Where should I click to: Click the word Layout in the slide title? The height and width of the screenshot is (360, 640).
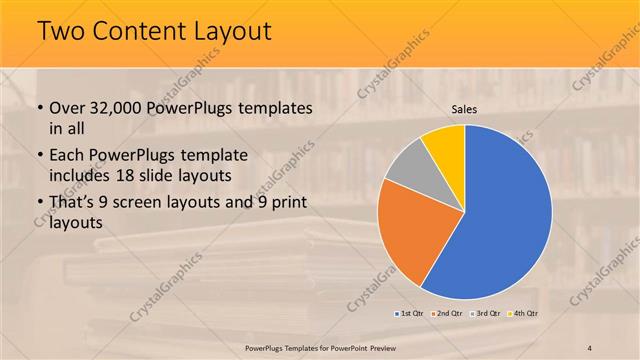coord(229,32)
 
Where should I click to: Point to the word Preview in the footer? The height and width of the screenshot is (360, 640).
coord(384,347)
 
